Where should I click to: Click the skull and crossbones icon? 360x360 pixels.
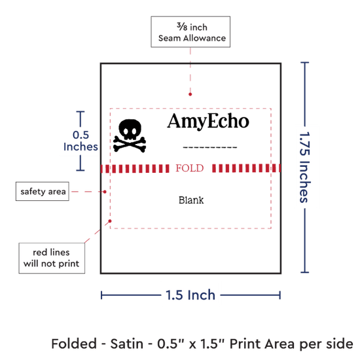pos(130,135)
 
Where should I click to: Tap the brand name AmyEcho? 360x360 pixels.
pos(208,121)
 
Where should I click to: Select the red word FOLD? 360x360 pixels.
pos(190,168)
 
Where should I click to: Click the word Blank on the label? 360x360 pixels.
pos(191,200)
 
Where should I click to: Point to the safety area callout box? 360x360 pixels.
pos(43,192)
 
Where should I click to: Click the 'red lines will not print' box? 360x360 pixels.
pos(52,258)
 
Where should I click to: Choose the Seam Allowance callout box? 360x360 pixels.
pos(190,32)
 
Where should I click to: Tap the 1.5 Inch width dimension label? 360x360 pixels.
pos(190,295)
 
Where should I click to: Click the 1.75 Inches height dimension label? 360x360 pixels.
pos(305,167)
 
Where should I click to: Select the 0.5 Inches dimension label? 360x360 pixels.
pos(81,141)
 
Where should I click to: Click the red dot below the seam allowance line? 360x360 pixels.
pos(190,94)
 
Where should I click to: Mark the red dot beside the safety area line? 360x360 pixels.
pos(105,192)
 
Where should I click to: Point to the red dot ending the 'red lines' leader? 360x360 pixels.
pos(110,221)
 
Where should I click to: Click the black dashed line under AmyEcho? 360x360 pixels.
pos(210,147)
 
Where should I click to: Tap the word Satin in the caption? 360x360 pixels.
pos(127,344)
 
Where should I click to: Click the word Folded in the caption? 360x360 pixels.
pos(74,344)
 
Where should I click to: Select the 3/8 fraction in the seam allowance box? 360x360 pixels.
pos(182,27)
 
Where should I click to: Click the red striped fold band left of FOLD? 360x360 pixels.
pos(135,168)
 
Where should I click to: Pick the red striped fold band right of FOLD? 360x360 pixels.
pos(247,168)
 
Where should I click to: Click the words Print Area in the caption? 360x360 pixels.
pos(262,344)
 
